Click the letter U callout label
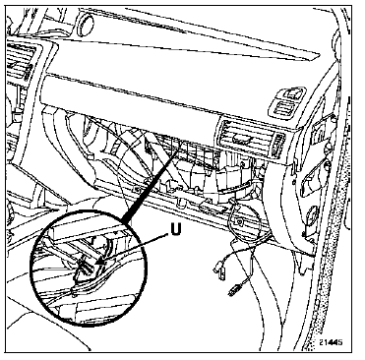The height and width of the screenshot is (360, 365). coord(175,230)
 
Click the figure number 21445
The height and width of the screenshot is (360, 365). coord(331,342)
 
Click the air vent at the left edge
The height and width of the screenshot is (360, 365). coord(21,61)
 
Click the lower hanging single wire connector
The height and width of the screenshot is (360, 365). coord(233,290)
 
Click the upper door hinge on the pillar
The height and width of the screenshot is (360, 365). coord(323,130)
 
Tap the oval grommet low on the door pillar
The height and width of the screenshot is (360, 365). coord(312,214)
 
